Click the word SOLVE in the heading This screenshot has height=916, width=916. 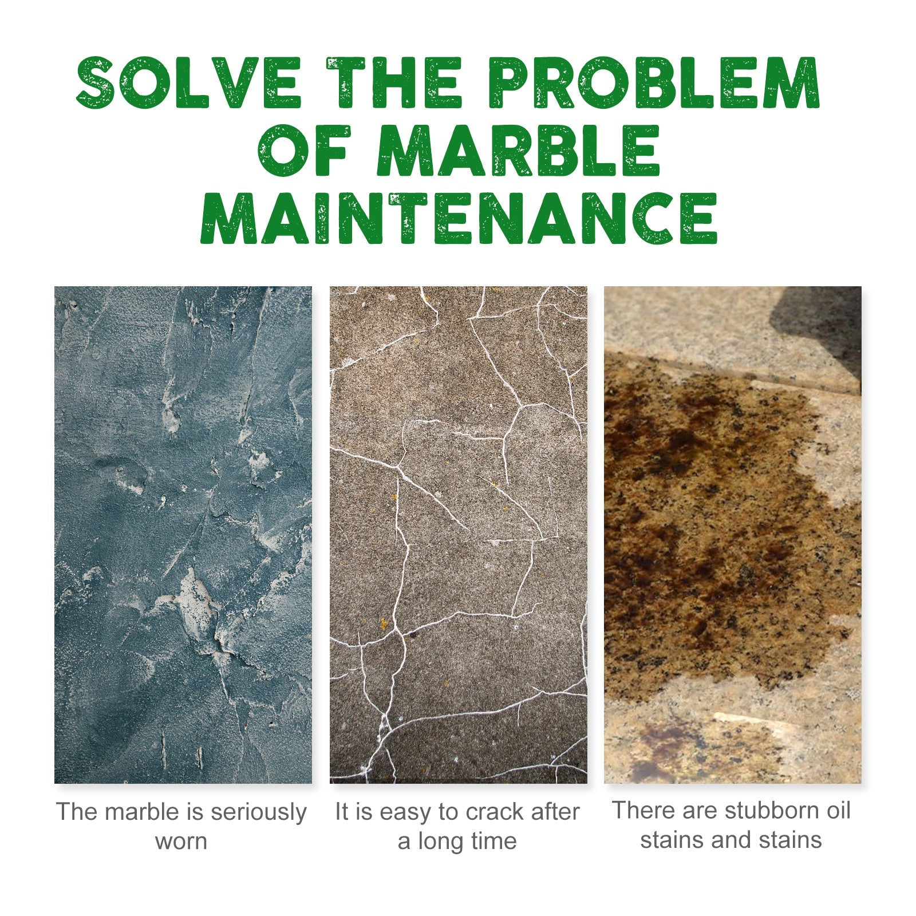189,82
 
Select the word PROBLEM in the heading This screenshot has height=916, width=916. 656,82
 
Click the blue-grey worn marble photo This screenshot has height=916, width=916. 183,535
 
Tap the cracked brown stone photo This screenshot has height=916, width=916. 458,535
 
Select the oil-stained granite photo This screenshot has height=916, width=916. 732,535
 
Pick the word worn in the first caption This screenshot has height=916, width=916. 181,842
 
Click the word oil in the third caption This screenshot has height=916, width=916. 837,811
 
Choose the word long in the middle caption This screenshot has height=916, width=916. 441,842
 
